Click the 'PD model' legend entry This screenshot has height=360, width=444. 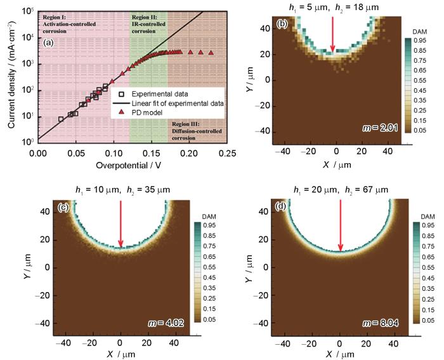[147, 112]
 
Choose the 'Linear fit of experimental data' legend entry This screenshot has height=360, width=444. [178, 103]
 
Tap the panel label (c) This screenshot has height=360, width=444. [62, 208]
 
